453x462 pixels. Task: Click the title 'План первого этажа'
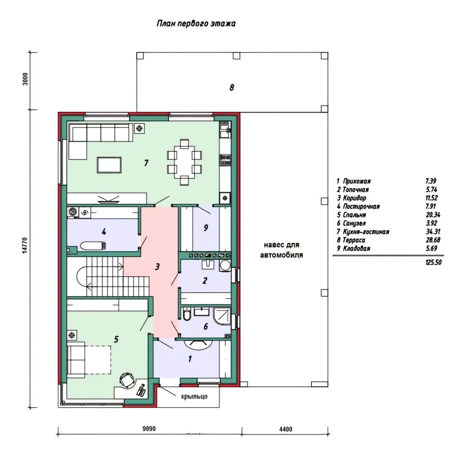pos(196,24)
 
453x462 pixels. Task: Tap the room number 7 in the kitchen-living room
pos(146,163)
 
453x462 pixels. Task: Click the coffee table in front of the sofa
pos(109,165)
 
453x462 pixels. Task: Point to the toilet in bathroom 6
pos(187,314)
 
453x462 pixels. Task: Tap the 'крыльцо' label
pos(194,396)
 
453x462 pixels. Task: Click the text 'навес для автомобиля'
pos(281,250)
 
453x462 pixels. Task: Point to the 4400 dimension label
pos(286,429)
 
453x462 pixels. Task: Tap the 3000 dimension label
pos(25,79)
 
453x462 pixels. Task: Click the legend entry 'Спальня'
pos(354,215)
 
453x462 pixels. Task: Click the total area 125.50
pos(434,262)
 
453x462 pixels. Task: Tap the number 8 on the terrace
pos(232,88)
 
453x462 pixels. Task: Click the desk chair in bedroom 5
pos(127,379)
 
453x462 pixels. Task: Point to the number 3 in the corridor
pos(157,267)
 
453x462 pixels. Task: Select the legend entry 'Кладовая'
pos(356,249)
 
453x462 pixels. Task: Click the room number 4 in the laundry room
pos(104,232)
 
